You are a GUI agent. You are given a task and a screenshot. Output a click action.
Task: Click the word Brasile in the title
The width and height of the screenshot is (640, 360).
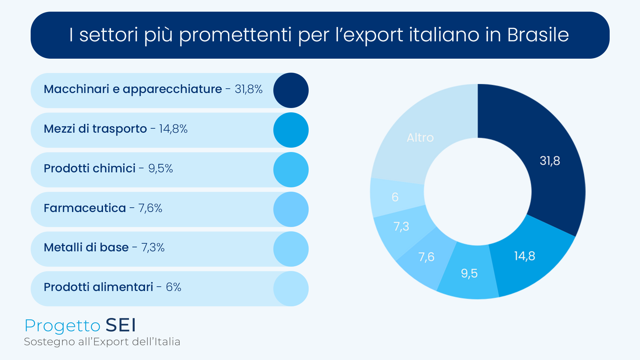[x=538, y=35]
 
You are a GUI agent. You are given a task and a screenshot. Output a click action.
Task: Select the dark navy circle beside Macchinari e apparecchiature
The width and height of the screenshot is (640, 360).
[x=291, y=90]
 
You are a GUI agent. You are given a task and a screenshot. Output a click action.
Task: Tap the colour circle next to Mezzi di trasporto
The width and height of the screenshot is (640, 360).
[x=291, y=130]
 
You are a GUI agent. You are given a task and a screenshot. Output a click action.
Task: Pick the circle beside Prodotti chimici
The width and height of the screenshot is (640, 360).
[x=291, y=170]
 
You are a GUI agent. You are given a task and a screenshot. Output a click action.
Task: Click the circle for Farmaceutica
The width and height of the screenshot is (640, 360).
[x=291, y=209]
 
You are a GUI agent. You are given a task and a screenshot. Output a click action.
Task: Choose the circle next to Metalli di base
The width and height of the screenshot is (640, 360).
[x=291, y=249]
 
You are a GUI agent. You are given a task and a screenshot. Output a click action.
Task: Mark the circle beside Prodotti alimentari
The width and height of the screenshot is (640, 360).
[x=291, y=289]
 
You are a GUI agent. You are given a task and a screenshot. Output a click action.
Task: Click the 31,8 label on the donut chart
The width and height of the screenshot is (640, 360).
[x=550, y=161]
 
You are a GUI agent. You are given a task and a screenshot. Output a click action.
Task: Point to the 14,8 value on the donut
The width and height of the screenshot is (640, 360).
[x=524, y=256]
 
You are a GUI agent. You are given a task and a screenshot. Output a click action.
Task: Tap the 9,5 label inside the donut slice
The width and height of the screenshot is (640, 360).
[x=469, y=274]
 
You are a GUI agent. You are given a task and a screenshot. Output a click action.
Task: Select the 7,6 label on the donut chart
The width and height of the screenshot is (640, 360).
[x=426, y=257]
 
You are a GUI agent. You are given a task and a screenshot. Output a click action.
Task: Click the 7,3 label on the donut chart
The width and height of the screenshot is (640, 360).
[x=401, y=227]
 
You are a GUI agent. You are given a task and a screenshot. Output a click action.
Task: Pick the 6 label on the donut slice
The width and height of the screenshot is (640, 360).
[x=395, y=197]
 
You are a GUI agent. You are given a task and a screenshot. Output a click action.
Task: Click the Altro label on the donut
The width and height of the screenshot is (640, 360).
[x=420, y=138]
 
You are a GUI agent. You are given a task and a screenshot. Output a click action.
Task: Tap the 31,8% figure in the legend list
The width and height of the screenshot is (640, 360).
[x=248, y=89]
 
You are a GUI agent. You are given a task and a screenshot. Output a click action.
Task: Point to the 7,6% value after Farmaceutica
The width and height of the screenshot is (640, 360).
[x=150, y=208]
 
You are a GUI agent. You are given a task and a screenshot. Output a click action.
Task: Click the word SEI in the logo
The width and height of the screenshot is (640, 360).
[x=121, y=325]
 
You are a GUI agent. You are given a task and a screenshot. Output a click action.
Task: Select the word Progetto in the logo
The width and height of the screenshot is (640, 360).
[x=62, y=326]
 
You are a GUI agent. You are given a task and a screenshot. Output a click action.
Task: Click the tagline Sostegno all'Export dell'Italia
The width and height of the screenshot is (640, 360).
[x=102, y=342]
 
